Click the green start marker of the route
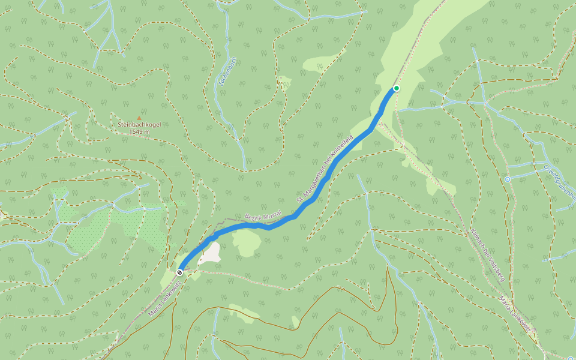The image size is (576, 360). [x=396, y=88]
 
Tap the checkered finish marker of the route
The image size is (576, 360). [x=179, y=272]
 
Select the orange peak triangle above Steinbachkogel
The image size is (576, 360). [x=140, y=118]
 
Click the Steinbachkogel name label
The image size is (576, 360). [x=139, y=125]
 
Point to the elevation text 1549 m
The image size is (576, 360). [x=139, y=131]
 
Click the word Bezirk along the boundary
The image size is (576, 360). [x=253, y=217]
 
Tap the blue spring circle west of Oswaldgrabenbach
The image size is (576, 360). [x=507, y=179]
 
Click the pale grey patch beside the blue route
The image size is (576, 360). [x=209, y=253]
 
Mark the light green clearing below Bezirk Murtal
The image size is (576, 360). [x=246, y=242]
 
